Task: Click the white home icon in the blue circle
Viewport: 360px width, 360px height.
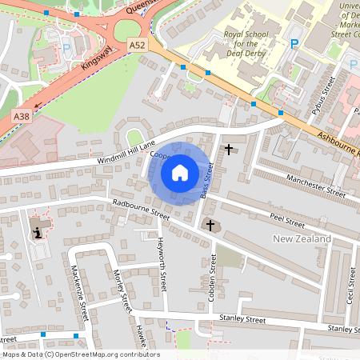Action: pyautogui.click(x=180, y=172)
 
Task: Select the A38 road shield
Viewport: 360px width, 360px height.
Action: pyautogui.click(x=21, y=117)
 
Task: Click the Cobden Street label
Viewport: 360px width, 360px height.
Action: pyautogui.click(x=214, y=276)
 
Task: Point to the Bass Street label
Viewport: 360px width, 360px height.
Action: pyautogui.click(x=207, y=181)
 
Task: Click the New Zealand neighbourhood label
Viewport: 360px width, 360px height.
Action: pyautogui.click(x=302, y=239)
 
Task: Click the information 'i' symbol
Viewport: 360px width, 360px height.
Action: pyautogui.click(x=37, y=233)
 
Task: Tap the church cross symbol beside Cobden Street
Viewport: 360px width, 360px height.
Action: pyautogui.click(x=211, y=226)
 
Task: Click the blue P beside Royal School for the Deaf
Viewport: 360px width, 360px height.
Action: pyautogui.click(x=295, y=44)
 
